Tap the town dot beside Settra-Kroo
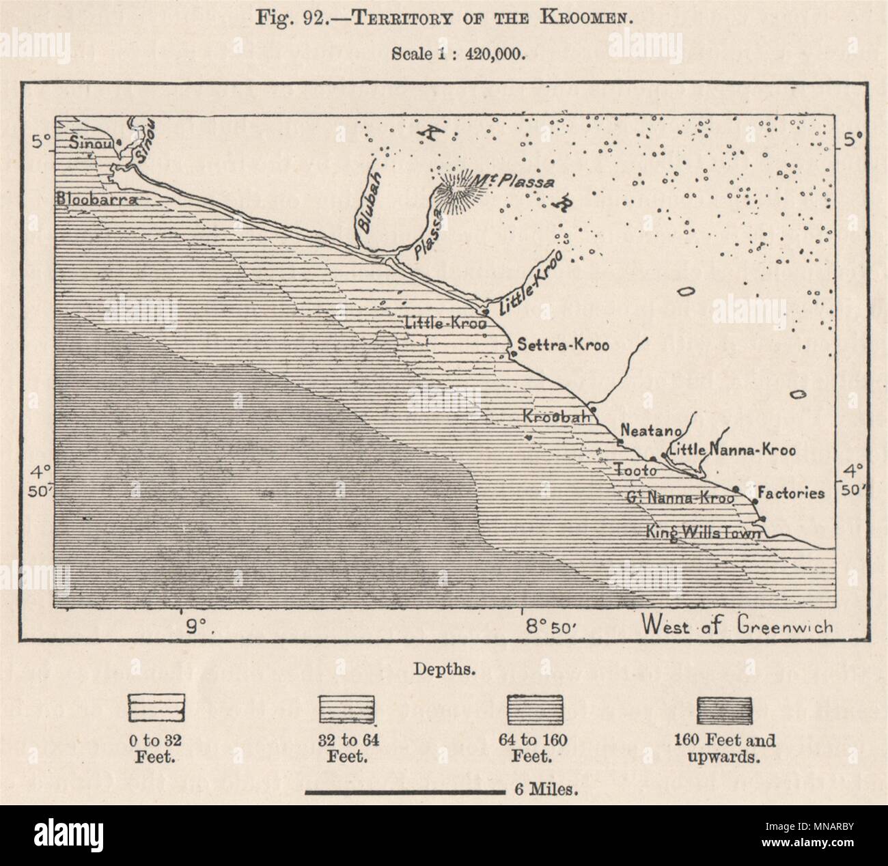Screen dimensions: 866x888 [513, 354]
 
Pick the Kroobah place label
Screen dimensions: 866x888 [551, 417]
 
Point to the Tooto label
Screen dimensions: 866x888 [635, 470]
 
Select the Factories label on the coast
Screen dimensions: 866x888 [791, 493]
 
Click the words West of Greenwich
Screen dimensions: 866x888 [737, 625]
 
